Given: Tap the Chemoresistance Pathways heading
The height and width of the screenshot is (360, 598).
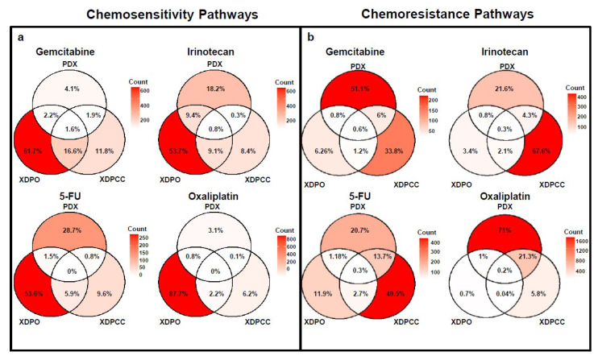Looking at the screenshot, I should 448,14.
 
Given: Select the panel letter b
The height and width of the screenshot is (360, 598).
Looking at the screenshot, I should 309,38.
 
